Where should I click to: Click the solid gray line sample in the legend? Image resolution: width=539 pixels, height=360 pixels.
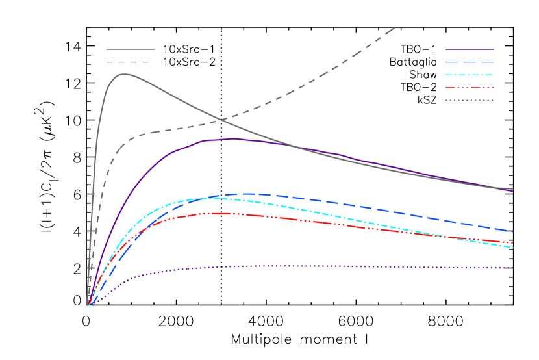coord(130,49)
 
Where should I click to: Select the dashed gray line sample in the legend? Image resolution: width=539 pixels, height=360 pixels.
coord(128,62)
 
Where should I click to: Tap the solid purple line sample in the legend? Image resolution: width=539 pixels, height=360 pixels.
coord(470,49)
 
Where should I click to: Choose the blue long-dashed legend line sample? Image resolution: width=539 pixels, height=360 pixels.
coord(470,62)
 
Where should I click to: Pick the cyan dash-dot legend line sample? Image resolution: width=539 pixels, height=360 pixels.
coord(470,75)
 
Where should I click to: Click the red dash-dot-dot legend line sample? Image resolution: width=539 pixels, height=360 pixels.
coord(470,88)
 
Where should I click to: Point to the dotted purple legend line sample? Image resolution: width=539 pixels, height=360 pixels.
coord(470,101)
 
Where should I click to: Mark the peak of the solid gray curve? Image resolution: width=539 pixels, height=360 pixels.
coord(123,74)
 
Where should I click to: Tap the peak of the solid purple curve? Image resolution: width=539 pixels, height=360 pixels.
coord(234,138)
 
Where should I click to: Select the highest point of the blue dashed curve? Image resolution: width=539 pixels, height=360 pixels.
coord(247,194)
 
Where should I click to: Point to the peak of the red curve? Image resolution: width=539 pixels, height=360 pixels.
coord(211,213)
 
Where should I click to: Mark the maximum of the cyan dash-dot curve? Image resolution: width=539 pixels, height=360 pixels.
coord(208,198)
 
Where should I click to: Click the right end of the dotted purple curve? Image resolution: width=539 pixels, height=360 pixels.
coord(513,268)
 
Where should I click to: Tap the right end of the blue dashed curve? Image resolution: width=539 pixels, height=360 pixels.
coord(513,231)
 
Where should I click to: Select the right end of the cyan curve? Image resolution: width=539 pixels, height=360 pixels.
coord(513,247)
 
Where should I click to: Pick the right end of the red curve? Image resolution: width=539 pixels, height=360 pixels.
coord(513,242)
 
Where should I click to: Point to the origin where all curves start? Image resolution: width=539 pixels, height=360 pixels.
coord(88,305)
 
